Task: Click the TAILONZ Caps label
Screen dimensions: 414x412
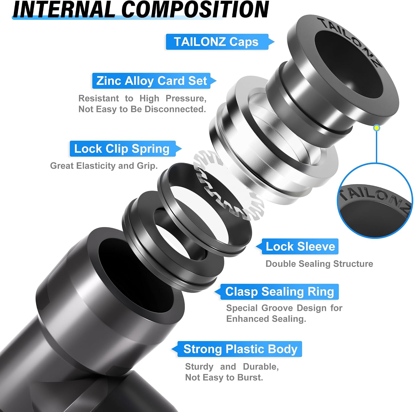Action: click(217, 42)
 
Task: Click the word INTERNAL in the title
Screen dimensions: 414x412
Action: click(64, 10)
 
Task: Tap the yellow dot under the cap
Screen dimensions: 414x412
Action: click(376, 128)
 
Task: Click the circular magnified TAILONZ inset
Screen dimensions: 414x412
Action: click(375, 201)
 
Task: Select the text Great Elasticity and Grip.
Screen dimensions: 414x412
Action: click(104, 166)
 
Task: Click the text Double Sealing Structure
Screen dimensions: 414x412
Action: click(319, 264)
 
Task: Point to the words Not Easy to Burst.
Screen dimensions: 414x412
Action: click(224, 377)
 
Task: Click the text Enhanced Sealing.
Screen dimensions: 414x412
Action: click(266, 319)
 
